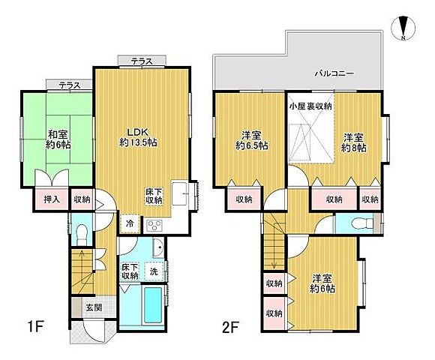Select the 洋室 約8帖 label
354,142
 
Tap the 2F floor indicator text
229,327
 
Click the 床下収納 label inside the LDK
154,196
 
